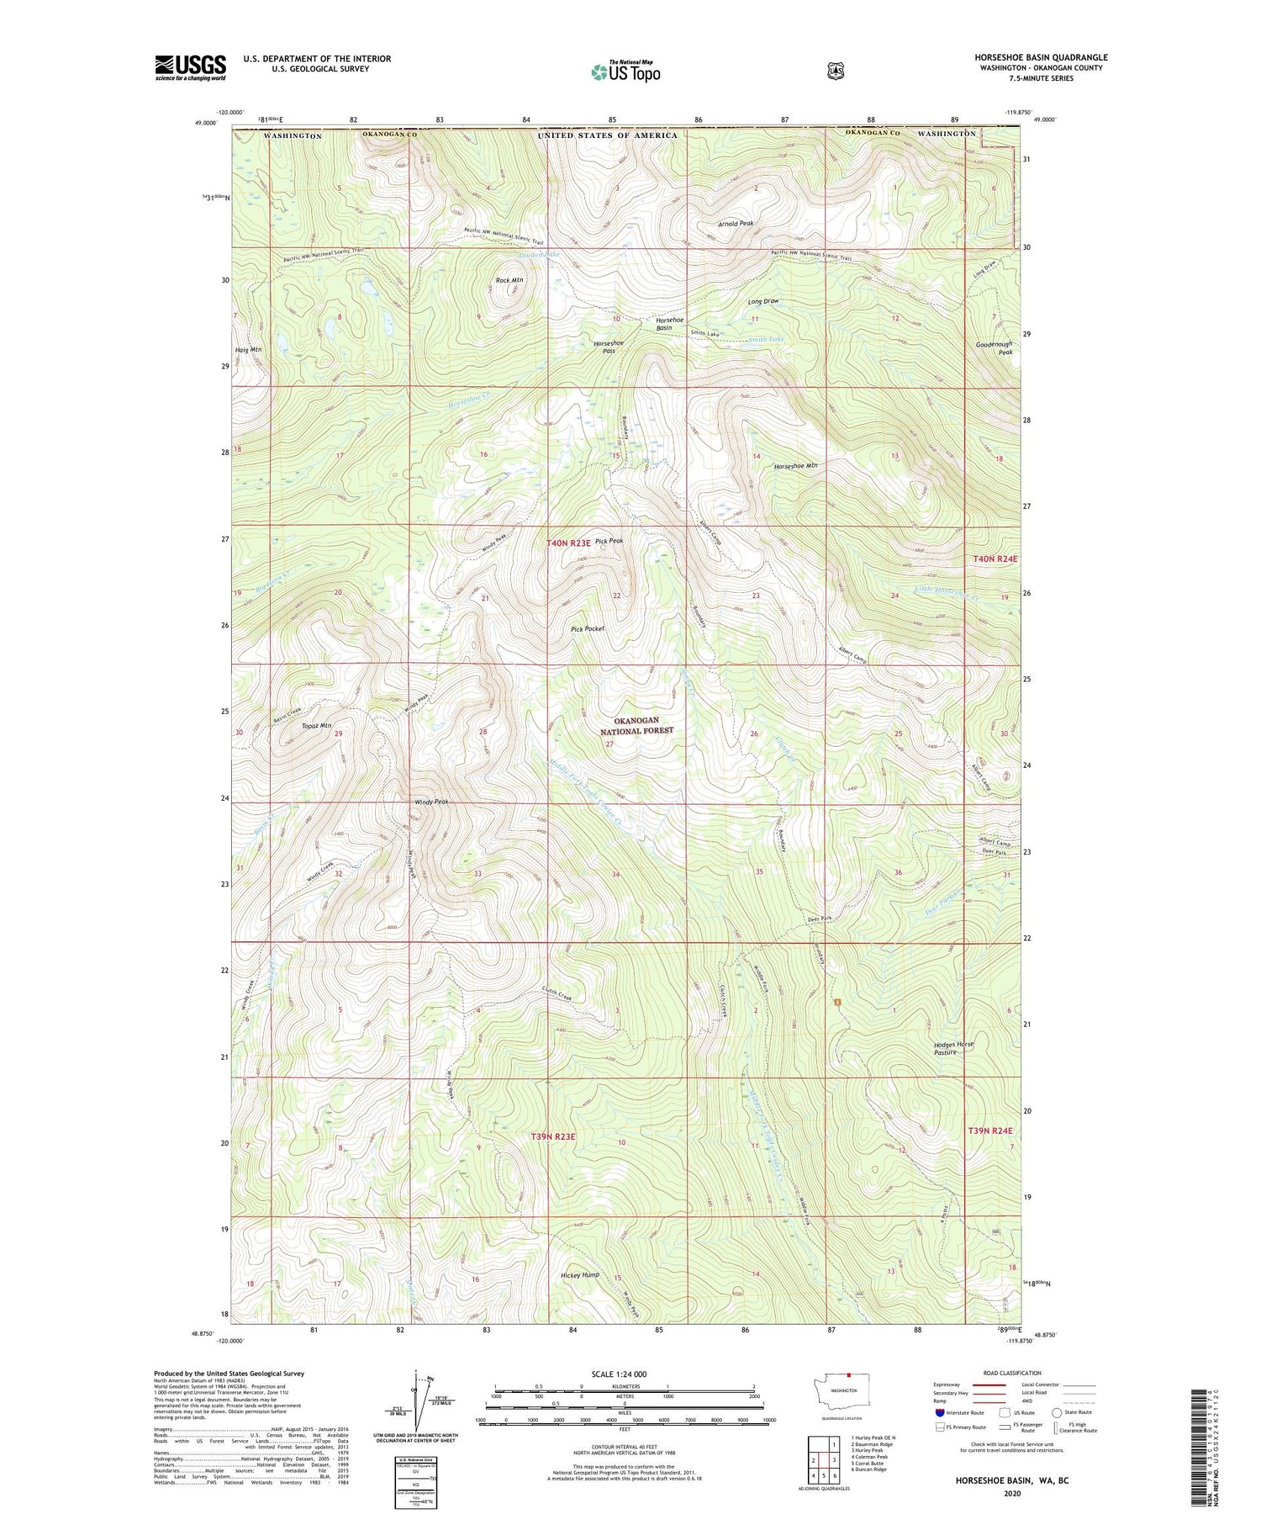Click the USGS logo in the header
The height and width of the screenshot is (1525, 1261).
tap(190, 66)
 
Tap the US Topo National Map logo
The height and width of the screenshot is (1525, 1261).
tap(625, 71)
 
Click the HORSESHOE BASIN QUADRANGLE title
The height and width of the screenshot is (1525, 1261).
tap(1041, 57)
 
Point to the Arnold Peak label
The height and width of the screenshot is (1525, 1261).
tap(736, 224)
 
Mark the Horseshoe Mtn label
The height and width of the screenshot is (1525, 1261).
tap(795, 465)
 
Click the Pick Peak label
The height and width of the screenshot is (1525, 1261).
tap(609, 542)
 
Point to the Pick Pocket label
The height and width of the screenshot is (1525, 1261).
tap(587, 628)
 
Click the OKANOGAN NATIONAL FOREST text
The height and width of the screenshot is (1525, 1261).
tap(636, 726)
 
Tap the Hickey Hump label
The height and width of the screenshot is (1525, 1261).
tap(580, 1275)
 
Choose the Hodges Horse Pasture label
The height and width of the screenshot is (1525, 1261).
tap(953, 1048)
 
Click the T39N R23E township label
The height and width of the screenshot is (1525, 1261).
tap(552, 1136)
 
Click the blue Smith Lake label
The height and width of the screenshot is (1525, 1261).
tap(766, 340)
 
